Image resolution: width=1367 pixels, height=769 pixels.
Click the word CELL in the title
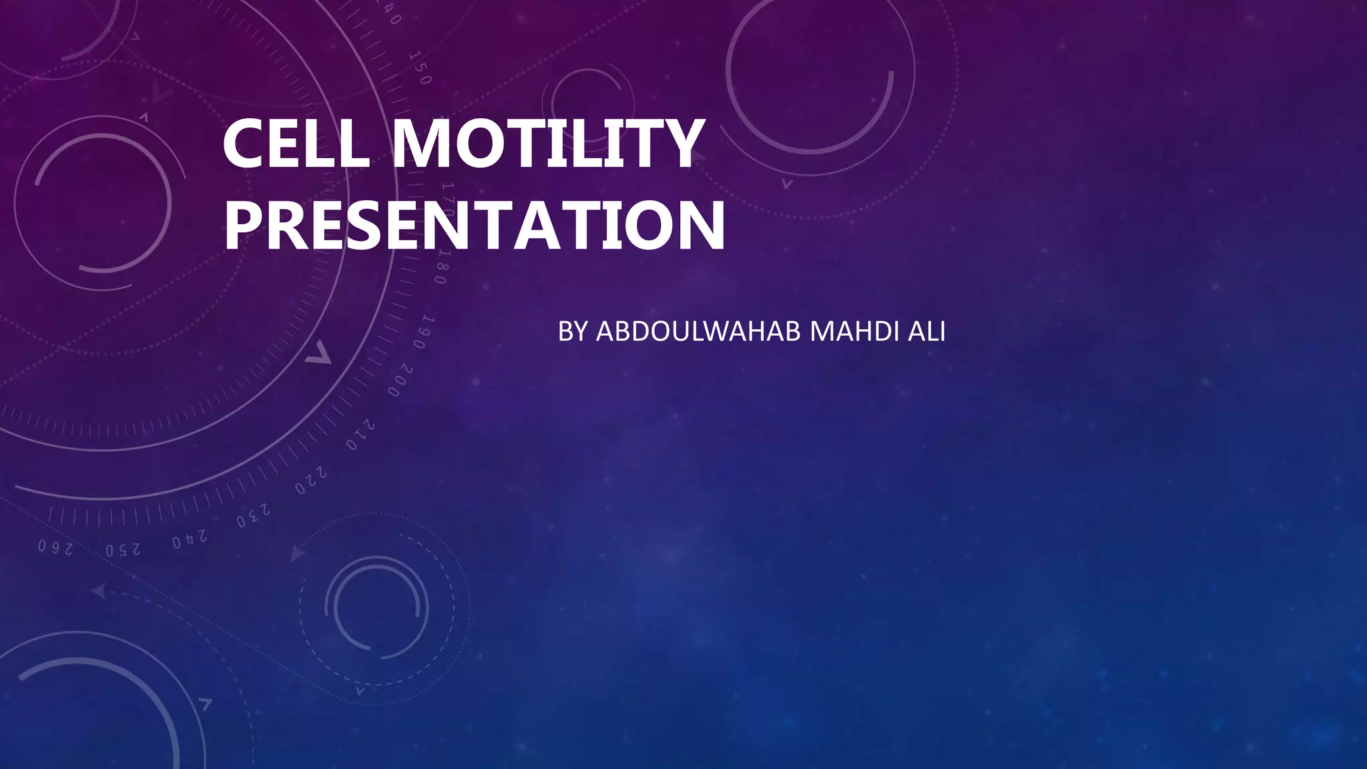pyautogui.click(x=296, y=143)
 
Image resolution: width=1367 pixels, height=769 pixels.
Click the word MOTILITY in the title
pyautogui.click(x=546, y=143)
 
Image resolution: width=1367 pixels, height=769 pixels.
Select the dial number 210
pyautogui.click(x=360, y=435)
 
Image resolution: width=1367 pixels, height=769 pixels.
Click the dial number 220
pyautogui.click(x=311, y=481)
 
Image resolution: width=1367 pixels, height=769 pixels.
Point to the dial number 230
pyautogui.click(x=254, y=516)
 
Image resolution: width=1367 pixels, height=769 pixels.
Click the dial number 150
pyautogui.click(x=421, y=68)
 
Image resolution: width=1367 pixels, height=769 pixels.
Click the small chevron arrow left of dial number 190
pyautogui.click(x=319, y=352)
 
